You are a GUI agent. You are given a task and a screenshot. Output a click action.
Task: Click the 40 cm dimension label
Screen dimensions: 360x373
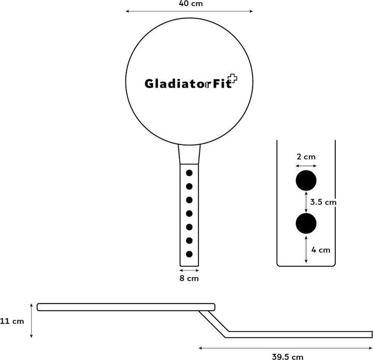click(x=189, y=4)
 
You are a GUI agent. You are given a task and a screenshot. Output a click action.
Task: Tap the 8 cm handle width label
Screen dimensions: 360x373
click(x=189, y=278)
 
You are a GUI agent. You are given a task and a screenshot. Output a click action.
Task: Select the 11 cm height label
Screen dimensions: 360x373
click(x=12, y=321)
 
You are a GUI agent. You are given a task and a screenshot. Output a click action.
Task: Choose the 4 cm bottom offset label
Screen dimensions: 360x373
click(x=321, y=250)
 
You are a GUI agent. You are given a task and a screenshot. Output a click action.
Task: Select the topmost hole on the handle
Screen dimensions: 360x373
click(x=189, y=172)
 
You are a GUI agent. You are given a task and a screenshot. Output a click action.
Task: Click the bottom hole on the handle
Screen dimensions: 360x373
click(x=189, y=254)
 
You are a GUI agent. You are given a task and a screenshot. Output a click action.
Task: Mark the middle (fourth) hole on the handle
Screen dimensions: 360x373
click(x=189, y=213)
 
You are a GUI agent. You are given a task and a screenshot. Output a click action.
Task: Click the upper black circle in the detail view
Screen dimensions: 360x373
click(x=306, y=180)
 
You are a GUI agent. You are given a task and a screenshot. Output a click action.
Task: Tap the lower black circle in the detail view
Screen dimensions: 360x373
click(x=306, y=223)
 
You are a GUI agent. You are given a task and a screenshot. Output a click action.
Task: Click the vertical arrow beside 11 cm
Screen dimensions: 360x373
click(x=32, y=321)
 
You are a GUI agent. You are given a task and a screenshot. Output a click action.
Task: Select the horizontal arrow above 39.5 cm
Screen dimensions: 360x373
click(x=285, y=348)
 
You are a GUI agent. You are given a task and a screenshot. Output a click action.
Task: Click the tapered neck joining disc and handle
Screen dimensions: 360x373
click(x=189, y=154)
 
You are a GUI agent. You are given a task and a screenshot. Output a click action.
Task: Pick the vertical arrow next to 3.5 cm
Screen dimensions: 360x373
click(x=306, y=201)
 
